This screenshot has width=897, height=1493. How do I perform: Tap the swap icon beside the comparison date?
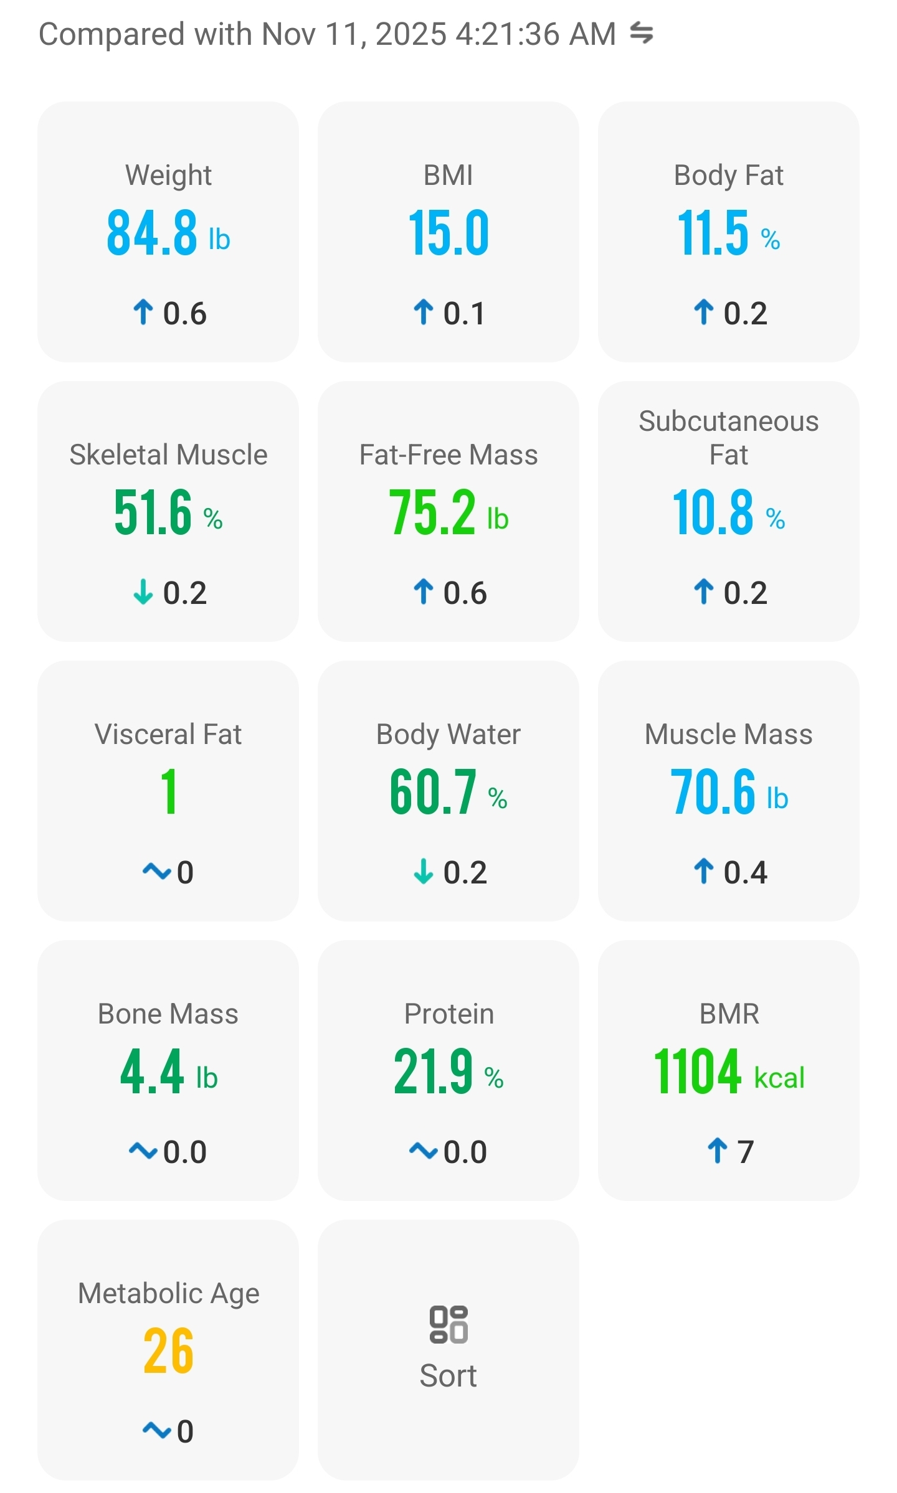pyautogui.click(x=641, y=33)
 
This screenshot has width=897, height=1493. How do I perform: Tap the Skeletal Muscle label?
pyautogui.click(x=168, y=454)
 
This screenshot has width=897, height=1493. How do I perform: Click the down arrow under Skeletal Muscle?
pyautogui.click(x=143, y=592)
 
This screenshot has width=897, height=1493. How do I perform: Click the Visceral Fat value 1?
pyautogui.click(x=168, y=792)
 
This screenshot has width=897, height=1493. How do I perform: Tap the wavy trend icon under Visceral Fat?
pyautogui.click(x=156, y=871)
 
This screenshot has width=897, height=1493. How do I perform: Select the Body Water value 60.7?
pyautogui.click(x=433, y=792)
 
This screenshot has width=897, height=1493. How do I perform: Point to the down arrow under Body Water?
pyautogui.click(x=424, y=872)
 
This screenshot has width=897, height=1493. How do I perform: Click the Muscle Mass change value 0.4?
pyautogui.click(x=745, y=872)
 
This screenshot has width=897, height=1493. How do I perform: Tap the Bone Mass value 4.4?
pyautogui.click(x=152, y=1071)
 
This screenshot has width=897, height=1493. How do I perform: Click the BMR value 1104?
pyautogui.click(x=698, y=1071)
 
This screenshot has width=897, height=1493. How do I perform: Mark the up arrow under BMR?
pyautogui.click(x=718, y=1151)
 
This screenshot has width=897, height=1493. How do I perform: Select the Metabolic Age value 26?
pyautogui.click(x=168, y=1351)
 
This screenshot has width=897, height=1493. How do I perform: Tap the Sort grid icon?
pyautogui.click(x=448, y=1324)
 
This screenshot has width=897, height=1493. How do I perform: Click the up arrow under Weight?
pyautogui.click(x=143, y=313)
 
